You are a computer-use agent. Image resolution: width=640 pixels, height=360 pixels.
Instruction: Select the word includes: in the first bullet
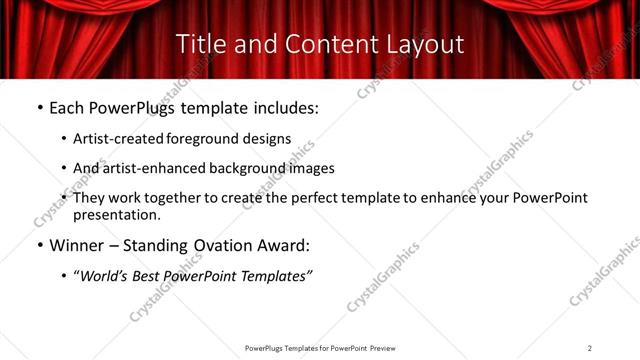pyautogui.click(x=282, y=108)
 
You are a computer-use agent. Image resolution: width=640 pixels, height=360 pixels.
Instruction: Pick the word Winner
pyautogui.click(x=78, y=245)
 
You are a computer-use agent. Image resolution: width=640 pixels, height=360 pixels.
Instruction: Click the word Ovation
pyautogui.click(x=227, y=245)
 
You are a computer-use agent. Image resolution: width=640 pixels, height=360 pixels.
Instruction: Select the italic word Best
pyautogui.click(x=153, y=275)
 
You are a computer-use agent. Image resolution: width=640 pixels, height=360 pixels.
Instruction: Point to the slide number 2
pyautogui.click(x=590, y=348)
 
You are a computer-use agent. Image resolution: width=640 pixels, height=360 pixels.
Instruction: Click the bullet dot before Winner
pyautogui.click(x=38, y=246)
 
